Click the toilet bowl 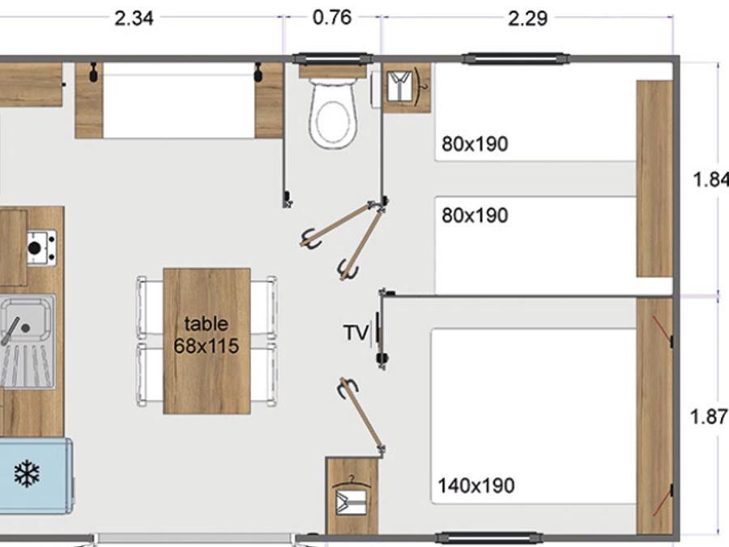click(x=334, y=113)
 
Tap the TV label click(x=356, y=332)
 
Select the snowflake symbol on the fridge click(x=27, y=473)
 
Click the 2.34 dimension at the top click(x=134, y=19)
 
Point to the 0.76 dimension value click(x=332, y=18)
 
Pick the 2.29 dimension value click(x=527, y=19)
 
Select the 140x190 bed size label click(x=476, y=485)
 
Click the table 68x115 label click(x=207, y=335)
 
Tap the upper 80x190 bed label click(x=475, y=144)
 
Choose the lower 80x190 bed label click(x=475, y=216)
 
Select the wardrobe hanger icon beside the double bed click(x=352, y=496)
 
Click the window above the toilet click(x=332, y=58)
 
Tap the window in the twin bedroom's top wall click(x=516, y=58)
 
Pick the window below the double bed click(x=489, y=538)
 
